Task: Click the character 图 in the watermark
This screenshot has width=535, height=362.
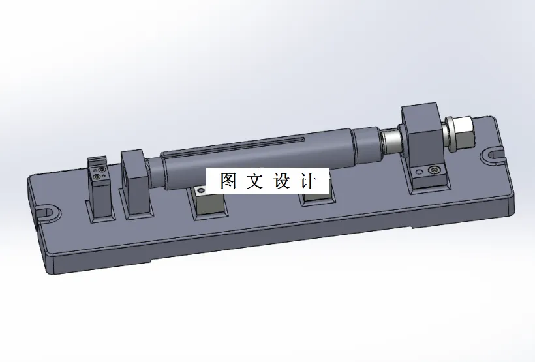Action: [x=228, y=181]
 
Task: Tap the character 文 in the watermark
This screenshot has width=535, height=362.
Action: [x=254, y=181]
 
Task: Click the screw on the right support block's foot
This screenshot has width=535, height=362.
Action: [x=435, y=171]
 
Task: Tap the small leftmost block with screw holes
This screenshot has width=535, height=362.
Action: [x=99, y=189]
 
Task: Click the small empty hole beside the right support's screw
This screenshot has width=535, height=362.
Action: [x=419, y=172]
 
